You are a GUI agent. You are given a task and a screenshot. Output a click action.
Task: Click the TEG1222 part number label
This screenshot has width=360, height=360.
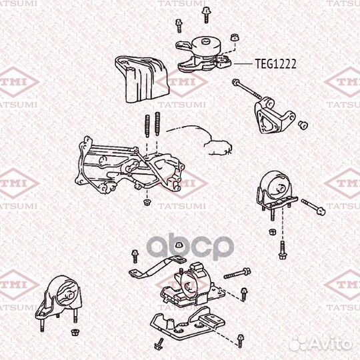275,64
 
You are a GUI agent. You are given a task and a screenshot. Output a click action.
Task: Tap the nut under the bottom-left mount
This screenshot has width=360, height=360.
73,331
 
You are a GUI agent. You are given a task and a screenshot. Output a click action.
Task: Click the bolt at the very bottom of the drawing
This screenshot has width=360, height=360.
160,343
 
